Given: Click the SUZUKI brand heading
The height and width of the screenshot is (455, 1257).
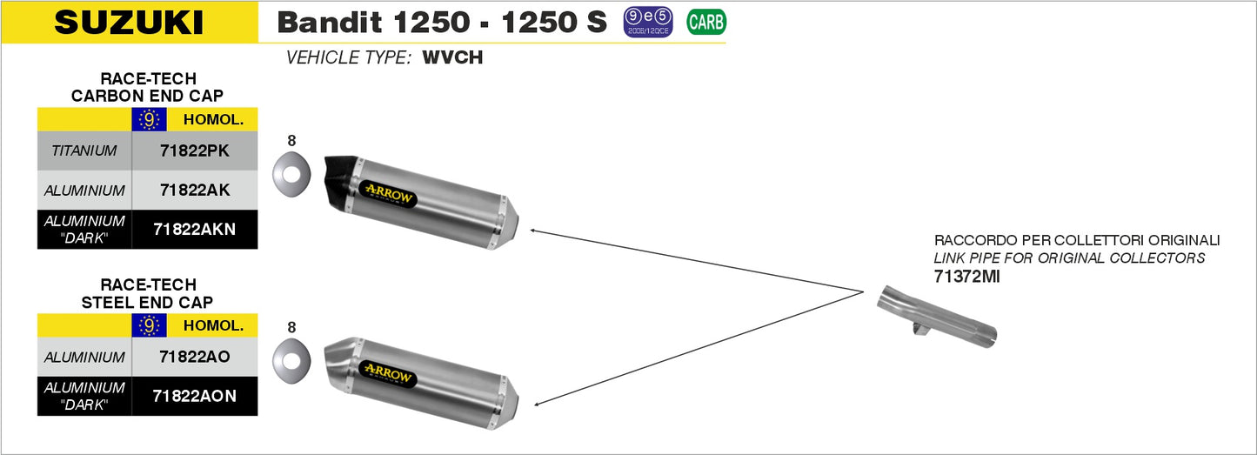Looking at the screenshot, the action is pos(129,23).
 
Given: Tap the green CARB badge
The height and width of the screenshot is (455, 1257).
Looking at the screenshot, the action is pos(706,23).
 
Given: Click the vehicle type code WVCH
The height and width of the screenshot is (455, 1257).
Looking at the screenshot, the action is pos(452,57).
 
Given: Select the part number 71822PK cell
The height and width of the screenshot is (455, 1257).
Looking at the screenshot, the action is pos(195,151).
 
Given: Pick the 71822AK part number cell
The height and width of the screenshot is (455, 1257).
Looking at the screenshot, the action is pos(195,191).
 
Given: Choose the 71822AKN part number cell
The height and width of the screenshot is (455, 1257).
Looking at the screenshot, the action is pos(195,230).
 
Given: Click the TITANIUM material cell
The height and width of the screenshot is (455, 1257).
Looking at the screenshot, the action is pos(84,151).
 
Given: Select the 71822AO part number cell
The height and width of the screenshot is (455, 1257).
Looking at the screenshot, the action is pos(195,357).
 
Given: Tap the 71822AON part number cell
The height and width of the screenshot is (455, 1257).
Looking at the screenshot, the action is pos(195,396).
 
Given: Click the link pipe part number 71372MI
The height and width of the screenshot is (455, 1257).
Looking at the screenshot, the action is pos(966,277).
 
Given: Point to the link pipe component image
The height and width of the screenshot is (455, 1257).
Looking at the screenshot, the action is pos(937,318).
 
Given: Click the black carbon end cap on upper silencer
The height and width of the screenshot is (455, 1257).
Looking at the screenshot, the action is pos(342,182).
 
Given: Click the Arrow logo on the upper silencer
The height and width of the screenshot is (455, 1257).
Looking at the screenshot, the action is pos(388,194).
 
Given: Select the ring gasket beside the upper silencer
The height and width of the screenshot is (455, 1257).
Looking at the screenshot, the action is pos(291,174).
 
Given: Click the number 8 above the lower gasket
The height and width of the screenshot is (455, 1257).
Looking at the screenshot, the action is pos(291,327).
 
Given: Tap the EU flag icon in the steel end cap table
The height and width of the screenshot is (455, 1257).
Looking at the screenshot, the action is pos(149,326).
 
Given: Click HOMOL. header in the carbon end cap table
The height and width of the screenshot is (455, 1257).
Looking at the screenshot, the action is pos(213,119).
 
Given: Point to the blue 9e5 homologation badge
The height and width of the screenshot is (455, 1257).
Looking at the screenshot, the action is pos(647,23).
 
